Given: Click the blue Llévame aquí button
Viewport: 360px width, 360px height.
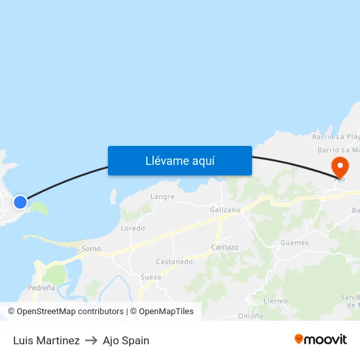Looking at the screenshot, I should [x=180, y=160].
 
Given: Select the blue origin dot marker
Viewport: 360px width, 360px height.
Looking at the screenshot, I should [x=20, y=202].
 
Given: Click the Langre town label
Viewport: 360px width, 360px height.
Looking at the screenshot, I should [x=162, y=196].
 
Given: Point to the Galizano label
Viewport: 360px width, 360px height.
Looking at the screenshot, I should [x=225, y=210].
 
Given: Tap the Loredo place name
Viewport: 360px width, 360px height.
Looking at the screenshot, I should [x=133, y=228].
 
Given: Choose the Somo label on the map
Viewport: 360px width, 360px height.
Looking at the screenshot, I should [x=91, y=249].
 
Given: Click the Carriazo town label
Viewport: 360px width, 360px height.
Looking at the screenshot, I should [x=225, y=247].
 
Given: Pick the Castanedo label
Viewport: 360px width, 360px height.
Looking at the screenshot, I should [x=174, y=262].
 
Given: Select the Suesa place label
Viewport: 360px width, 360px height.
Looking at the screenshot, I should [x=151, y=278].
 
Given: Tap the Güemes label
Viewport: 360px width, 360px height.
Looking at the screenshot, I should [x=294, y=243].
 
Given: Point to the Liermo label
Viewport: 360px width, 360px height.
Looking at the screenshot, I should [x=275, y=301].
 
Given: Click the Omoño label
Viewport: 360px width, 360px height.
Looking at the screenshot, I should [x=250, y=316].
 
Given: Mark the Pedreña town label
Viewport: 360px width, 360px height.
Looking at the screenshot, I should [x=41, y=288].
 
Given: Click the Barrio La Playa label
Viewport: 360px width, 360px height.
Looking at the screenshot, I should [x=336, y=137].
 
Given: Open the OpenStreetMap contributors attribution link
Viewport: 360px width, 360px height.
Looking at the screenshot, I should [x=70, y=312].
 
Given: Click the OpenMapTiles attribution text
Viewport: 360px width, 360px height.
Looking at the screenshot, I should [x=162, y=312].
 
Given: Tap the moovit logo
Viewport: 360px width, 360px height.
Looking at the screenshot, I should [x=321, y=340].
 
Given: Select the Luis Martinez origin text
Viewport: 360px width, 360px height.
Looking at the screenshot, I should [x=46, y=340].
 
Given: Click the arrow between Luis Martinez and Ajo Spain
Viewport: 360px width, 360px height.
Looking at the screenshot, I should [x=91, y=340].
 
